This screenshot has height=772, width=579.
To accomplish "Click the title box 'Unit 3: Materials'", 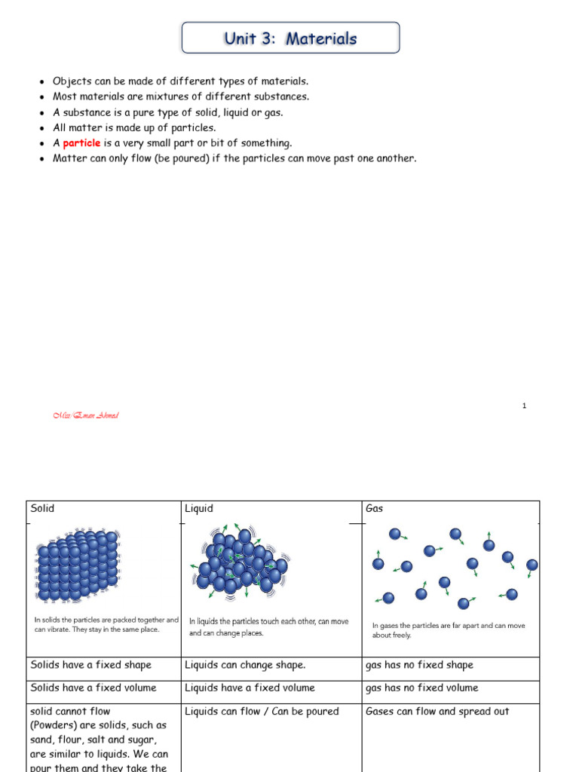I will click(x=290, y=38).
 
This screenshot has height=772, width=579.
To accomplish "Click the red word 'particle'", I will click(x=81, y=143).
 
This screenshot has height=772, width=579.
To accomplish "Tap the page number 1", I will click(x=523, y=406).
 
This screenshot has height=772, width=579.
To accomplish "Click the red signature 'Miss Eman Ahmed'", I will click(x=86, y=415).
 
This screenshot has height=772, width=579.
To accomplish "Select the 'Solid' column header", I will click(x=43, y=509).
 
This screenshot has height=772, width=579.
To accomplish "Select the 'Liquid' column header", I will click(x=199, y=509).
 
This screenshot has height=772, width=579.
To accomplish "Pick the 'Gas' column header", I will click(x=375, y=509).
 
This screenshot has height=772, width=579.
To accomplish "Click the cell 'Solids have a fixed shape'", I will click(x=91, y=665).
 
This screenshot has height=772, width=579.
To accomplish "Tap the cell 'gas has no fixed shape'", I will click(x=419, y=665).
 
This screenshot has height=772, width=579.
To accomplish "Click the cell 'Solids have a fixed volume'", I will click(x=93, y=688).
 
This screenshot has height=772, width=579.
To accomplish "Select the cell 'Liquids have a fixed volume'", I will click(x=250, y=688).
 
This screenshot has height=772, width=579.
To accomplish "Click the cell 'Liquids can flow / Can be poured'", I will click(x=262, y=712).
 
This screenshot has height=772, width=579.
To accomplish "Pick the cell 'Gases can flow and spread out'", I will click(x=437, y=712).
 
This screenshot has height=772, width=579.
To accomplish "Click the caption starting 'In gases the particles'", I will click(x=449, y=630).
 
